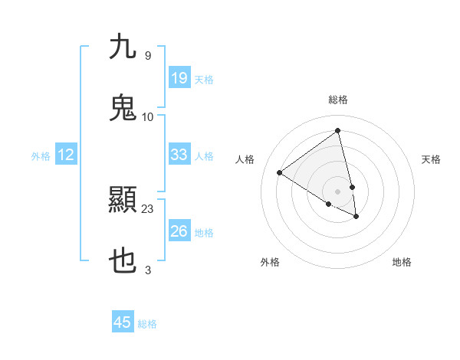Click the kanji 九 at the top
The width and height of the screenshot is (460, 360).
click(x=123, y=47)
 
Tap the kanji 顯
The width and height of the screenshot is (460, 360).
click(x=123, y=201)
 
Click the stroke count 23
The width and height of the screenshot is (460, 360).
click(x=148, y=208)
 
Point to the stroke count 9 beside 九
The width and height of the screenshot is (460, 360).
click(x=147, y=55)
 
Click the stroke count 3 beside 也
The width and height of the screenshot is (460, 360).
click(x=148, y=270)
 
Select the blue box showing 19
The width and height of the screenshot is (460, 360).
click(x=179, y=78)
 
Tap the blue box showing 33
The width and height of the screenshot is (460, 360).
click(x=179, y=155)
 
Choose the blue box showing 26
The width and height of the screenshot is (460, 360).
click(x=179, y=231)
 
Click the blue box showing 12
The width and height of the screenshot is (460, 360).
click(x=66, y=155)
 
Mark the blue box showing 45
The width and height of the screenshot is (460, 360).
click(x=123, y=322)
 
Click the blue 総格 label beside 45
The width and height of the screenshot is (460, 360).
click(x=147, y=324)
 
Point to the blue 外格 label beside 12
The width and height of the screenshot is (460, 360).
click(x=41, y=156)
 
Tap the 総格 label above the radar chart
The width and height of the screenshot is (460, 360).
click(x=338, y=100)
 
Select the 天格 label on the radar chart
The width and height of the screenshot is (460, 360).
click(x=431, y=159)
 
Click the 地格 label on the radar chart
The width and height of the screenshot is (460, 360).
click(x=402, y=262)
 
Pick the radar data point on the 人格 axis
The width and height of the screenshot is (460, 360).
click(x=280, y=173)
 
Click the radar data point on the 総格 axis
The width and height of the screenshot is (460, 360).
click(x=338, y=130)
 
